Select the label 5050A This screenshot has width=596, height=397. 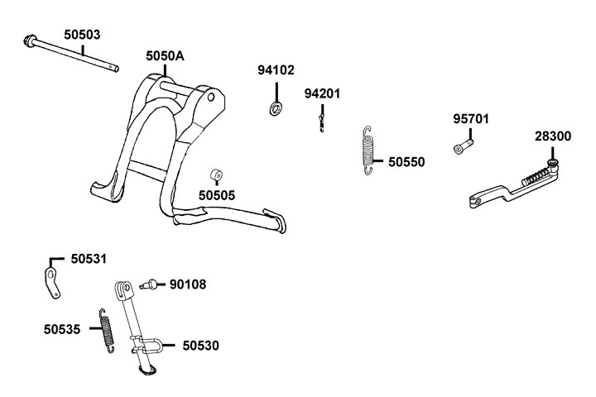[165, 55]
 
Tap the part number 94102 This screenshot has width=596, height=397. [276, 70]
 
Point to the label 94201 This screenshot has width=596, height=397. [322, 93]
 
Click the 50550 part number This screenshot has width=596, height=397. [406, 162]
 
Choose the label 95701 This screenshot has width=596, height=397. [470, 118]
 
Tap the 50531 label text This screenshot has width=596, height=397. [89, 259]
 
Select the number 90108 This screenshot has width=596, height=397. [188, 285]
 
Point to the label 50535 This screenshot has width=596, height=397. [62, 329]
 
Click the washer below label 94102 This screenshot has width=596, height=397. [275, 108]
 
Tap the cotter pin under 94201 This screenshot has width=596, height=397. [320, 122]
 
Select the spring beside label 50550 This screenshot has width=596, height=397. [370, 151]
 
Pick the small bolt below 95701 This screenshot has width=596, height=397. [460, 147]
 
